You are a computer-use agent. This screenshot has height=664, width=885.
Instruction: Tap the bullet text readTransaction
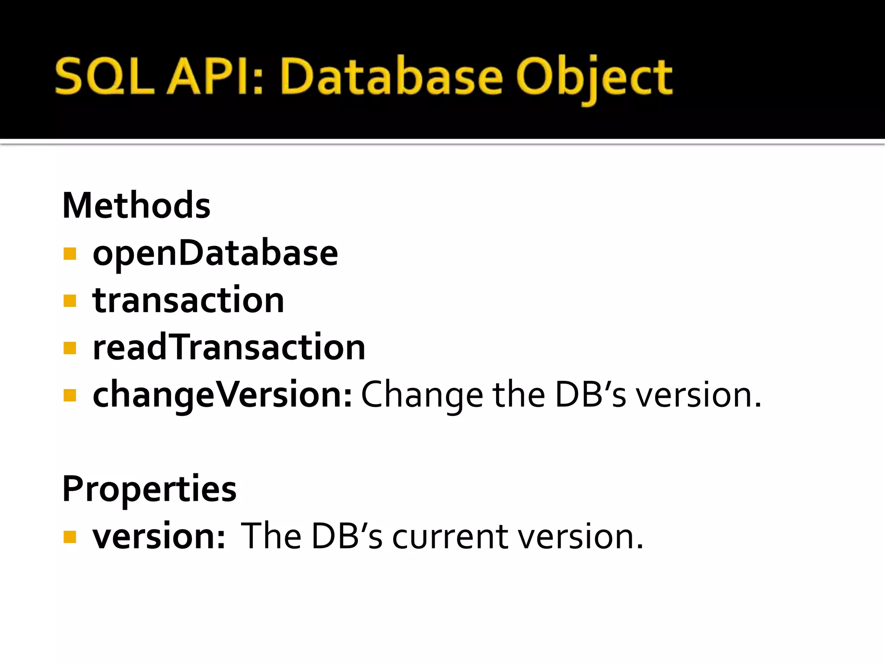(229, 348)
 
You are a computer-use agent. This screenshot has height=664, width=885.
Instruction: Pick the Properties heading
(150, 489)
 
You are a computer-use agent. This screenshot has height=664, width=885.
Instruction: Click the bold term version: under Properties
(159, 536)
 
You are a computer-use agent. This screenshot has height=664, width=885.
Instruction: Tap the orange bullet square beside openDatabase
(70, 253)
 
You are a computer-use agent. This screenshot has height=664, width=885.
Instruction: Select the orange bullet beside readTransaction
(70, 348)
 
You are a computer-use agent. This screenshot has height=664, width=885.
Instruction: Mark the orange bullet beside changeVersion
(70, 395)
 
